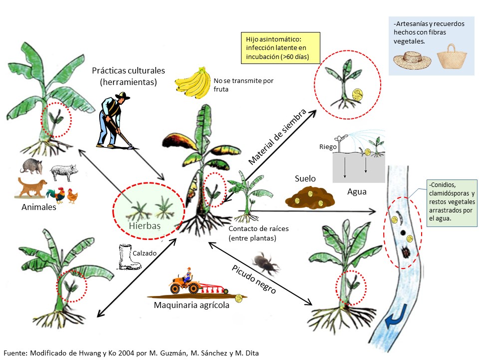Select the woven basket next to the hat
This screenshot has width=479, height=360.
tap(451, 56)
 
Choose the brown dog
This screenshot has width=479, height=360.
tap(31, 189)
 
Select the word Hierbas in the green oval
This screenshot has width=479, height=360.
tap(146, 225)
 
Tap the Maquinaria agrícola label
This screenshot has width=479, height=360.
tap(192, 305)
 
